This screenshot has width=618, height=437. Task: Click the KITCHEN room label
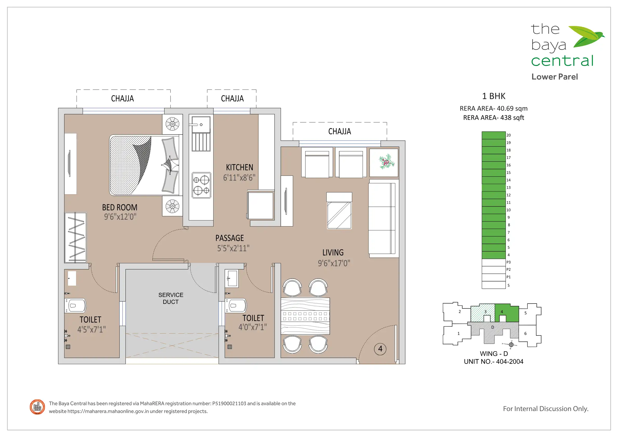240,167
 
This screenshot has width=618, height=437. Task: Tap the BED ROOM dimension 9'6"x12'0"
120,217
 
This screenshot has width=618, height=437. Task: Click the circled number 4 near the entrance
380,349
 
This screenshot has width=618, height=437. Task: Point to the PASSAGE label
230,238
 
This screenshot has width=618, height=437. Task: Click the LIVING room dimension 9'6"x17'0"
334,263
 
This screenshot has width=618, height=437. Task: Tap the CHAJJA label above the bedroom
123,99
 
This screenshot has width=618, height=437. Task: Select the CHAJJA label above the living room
340,131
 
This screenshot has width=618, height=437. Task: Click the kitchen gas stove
201,185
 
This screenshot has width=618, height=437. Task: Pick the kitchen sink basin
201,124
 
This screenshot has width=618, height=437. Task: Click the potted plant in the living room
387,162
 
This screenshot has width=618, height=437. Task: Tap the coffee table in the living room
339,211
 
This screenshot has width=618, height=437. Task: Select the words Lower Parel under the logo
554,77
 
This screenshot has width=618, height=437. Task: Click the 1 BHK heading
494,96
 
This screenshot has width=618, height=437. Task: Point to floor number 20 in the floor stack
508,135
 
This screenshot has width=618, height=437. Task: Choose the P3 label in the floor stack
508,262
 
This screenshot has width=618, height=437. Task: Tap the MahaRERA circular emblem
37,407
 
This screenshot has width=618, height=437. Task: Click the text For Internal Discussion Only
546,409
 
